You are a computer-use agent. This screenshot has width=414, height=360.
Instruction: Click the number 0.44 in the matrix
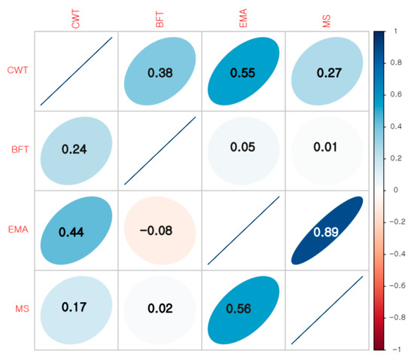click(x=76, y=231)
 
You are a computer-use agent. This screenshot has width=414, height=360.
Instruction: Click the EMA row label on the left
click(x=18, y=231)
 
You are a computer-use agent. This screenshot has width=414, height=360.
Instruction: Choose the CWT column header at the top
click(x=76, y=18)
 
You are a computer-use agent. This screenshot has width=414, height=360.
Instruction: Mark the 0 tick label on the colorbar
click(x=396, y=191)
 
